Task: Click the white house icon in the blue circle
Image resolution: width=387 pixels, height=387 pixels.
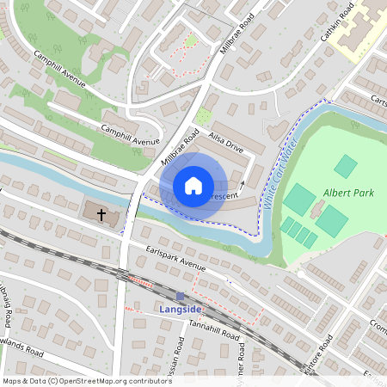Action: point(193,185)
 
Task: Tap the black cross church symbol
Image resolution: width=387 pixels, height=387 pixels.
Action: point(101,213)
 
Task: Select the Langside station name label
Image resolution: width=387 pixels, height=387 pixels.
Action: point(180,309)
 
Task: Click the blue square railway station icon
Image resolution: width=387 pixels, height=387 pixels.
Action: point(181,296)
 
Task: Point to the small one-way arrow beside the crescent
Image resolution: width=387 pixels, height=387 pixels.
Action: point(243,184)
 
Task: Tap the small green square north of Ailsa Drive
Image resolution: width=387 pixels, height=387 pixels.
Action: point(204,116)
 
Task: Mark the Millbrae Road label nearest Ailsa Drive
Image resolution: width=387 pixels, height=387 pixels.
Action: point(180,148)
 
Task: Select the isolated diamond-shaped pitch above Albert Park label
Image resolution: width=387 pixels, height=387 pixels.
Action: point(346,166)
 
